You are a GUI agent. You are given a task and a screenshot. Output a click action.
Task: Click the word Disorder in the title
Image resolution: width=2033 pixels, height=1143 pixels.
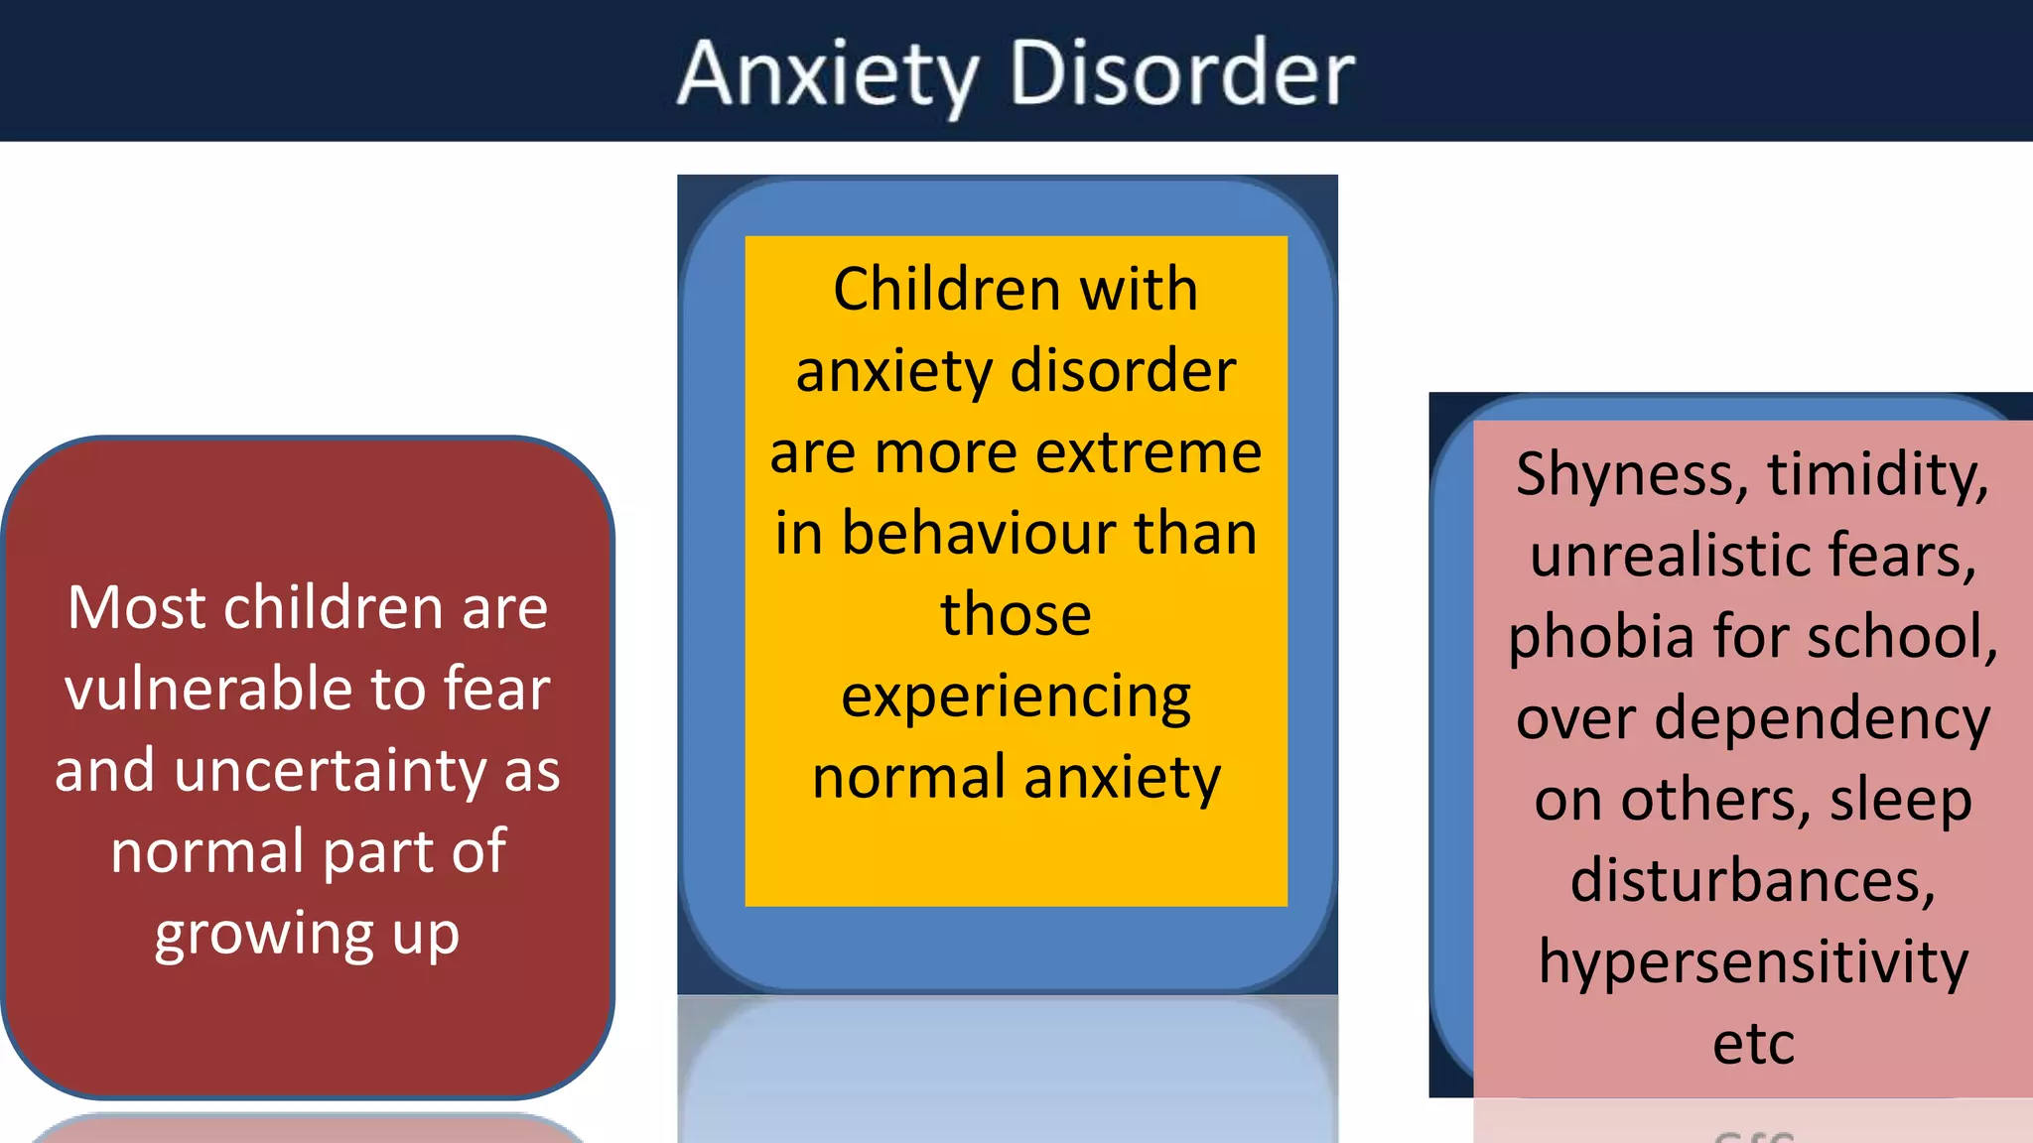[1181, 74]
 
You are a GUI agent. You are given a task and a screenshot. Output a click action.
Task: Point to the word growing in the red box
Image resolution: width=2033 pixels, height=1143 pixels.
[263, 935]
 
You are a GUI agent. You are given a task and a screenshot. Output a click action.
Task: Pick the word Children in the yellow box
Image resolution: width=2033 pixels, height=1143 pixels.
[946, 290]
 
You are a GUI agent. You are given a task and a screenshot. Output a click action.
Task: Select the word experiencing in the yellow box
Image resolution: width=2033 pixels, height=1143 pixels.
[1016, 697]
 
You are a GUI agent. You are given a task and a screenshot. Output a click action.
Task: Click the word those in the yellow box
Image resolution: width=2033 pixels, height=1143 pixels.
[1016, 614]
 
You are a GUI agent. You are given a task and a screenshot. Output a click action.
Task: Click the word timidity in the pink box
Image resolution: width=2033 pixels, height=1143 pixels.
[1877, 474]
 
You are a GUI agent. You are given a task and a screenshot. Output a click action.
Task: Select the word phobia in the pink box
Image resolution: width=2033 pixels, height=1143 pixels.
[1600, 637]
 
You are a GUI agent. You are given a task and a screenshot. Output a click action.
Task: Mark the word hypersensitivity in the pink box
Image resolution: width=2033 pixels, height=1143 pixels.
[1753, 962]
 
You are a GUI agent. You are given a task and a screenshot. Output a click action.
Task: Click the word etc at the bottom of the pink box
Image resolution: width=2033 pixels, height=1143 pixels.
[1753, 1044]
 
